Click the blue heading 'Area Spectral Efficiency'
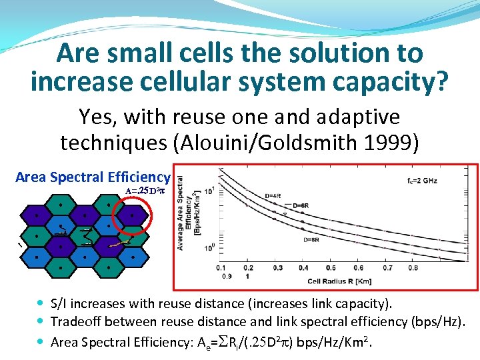coord(93,177)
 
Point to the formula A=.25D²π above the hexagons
coord(145,191)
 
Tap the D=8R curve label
coord(313,239)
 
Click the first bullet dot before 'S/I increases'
coord(42,304)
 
